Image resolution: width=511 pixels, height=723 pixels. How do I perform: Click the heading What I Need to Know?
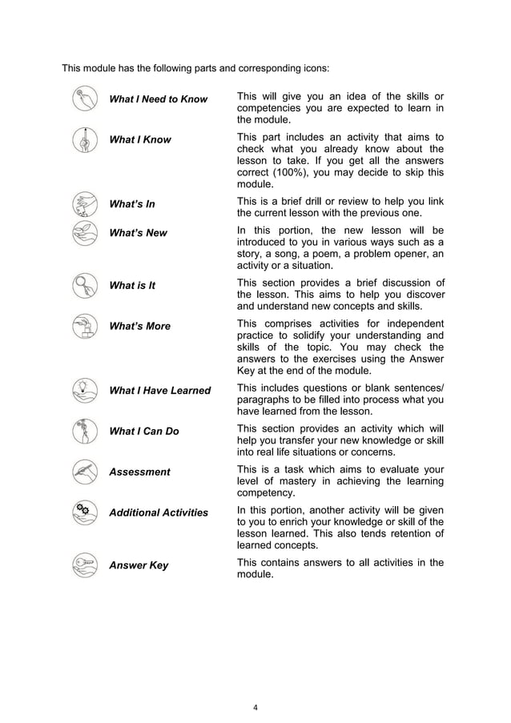pos(158,99)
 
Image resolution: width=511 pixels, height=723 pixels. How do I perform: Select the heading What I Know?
pos(140,140)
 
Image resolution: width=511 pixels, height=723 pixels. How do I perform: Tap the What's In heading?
pos(132,204)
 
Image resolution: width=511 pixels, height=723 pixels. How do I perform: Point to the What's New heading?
pos(139,233)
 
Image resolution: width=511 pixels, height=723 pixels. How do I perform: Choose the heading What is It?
pos(131,286)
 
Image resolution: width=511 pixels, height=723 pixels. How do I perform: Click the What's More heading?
pos(139,327)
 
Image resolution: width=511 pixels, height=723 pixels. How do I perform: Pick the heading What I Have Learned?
pos(159,391)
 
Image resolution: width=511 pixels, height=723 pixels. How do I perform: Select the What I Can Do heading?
pos(144,432)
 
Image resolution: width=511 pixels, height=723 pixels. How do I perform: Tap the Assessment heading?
pos(139,472)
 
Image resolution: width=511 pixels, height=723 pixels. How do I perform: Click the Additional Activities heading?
pos(159,513)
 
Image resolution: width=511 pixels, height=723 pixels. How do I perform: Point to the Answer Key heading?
pos(139,566)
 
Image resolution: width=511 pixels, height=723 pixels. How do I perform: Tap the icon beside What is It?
pos(83,285)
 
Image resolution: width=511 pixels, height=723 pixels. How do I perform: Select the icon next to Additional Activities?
pos(83,512)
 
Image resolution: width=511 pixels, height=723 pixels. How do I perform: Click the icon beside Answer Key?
pos(83,564)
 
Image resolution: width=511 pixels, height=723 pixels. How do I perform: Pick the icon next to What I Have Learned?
pos(83,390)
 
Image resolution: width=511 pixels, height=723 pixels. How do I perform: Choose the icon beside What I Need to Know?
pos(83,99)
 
